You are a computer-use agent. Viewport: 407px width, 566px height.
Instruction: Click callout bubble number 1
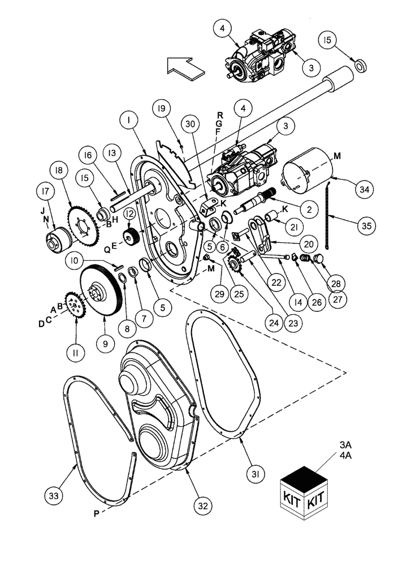point(129,121)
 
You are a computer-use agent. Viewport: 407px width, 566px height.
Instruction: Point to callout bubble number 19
point(161,108)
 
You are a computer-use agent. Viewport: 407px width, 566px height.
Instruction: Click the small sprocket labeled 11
point(75,309)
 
